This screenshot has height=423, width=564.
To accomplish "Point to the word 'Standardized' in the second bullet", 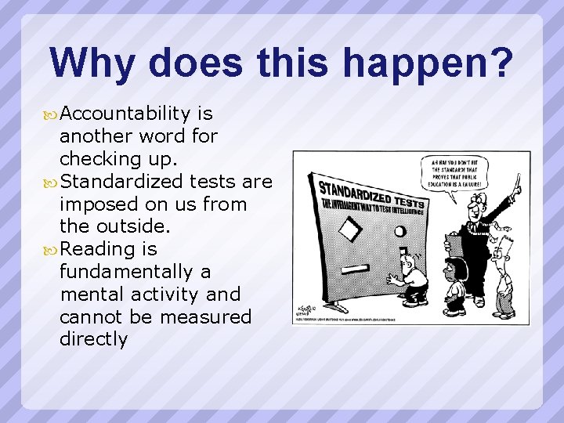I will point(121,182).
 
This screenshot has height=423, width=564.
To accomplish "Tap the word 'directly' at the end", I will point(93,339).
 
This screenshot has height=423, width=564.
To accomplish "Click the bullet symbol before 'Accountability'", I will point(51,114).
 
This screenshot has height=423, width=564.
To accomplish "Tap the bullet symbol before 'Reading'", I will point(51,250).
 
